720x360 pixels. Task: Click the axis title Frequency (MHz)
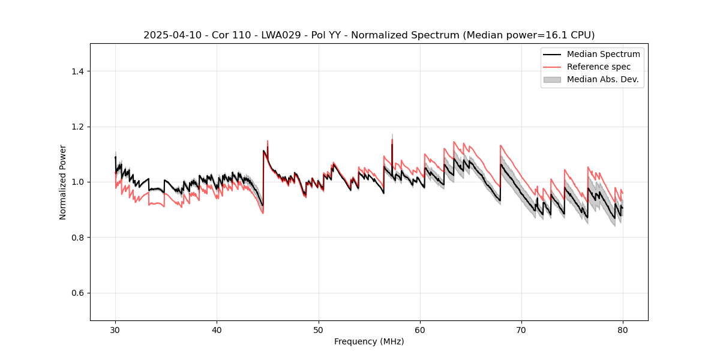tap(369, 341)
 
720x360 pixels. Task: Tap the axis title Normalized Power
tap(63, 182)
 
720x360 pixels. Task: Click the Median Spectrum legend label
tap(603, 54)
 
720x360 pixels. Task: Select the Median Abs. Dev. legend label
tap(603, 79)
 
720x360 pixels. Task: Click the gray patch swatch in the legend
tap(552, 79)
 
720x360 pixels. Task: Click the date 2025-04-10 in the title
tap(167, 35)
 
